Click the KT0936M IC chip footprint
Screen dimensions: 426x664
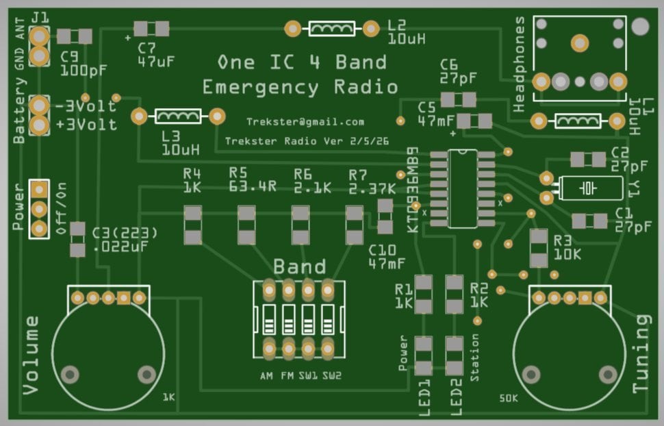(x=463, y=188)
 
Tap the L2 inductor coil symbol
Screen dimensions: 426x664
(x=332, y=29)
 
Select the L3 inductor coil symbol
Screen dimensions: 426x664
(x=178, y=116)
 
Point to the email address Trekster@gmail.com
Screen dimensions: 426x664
(x=305, y=122)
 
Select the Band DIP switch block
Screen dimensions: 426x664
(x=298, y=320)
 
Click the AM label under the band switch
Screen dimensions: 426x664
(x=267, y=376)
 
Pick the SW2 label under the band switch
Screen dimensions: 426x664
(x=331, y=376)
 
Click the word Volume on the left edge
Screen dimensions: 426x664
(x=31, y=355)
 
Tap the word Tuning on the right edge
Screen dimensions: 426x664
(x=641, y=353)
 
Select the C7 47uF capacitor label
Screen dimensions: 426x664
(x=155, y=55)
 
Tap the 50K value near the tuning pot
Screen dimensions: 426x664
(x=509, y=398)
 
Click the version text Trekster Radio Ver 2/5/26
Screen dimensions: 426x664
(x=307, y=140)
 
